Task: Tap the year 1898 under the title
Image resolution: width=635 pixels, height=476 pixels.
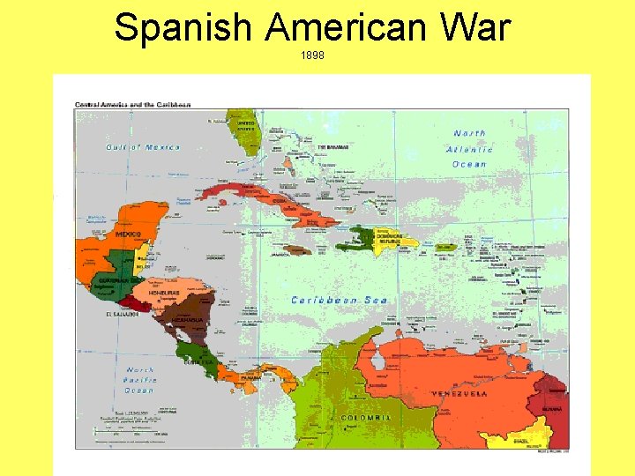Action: pyautogui.click(x=312, y=55)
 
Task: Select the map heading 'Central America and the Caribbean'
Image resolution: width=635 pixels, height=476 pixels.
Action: pyautogui.click(x=133, y=104)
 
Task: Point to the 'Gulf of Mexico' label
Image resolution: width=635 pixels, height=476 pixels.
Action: pyautogui.click(x=143, y=147)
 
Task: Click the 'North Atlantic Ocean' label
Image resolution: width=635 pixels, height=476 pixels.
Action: pyautogui.click(x=470, y=148)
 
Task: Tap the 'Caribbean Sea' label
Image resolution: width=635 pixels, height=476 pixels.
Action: pyautogui.click(x=340, y=300)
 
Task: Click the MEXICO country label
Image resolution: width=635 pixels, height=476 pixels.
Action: pyautogui.click(x=129, y=235)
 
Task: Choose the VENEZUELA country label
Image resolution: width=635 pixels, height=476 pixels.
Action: pyautogui.click(x=459, y=393)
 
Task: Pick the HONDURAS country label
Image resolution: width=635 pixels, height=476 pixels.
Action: pyautogui.click(x=164, y=293)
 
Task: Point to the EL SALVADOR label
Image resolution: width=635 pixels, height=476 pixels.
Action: pyautogui.click(x=123, y=313)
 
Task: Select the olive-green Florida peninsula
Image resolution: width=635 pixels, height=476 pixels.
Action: pyautogui.click(x=247, y=137)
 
